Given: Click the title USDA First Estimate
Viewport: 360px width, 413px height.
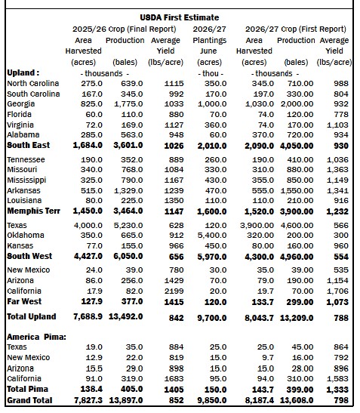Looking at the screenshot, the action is [180, 17].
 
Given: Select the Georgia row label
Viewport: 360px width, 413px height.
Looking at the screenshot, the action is [21, 104].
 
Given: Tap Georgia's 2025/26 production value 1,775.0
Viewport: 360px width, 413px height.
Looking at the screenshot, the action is [128, 104].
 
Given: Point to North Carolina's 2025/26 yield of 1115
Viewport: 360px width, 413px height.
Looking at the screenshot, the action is [174, 84].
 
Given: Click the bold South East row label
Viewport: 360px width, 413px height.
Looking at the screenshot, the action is [28, 145].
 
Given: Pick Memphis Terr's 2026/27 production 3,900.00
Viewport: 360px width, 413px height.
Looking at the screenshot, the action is [297, 211].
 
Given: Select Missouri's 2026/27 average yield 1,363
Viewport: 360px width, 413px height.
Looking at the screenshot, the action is [337, 170].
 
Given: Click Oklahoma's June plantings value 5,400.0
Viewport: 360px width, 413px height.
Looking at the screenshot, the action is [212, 236].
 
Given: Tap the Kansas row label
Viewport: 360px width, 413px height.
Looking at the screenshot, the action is [20, 245].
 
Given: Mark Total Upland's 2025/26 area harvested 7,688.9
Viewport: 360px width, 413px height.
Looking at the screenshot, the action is [88, 316].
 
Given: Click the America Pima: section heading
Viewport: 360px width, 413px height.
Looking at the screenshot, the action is [36, 337].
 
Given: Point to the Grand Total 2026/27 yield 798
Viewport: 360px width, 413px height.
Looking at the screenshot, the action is [341, 401].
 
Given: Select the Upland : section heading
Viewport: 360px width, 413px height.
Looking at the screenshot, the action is [23, 72].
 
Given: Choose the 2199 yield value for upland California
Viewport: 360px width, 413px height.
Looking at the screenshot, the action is [174, 291].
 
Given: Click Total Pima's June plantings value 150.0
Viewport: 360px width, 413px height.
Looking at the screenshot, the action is [215, 390].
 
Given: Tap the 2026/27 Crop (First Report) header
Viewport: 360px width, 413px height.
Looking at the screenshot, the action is [296, 29].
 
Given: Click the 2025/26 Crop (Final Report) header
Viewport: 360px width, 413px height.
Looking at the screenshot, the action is [125, 29].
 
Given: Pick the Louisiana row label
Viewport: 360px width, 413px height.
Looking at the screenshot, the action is [24, 200].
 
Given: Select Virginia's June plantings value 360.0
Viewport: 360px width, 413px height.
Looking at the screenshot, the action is [215, 125].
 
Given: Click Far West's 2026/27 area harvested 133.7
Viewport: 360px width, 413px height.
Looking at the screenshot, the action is [263, 302].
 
